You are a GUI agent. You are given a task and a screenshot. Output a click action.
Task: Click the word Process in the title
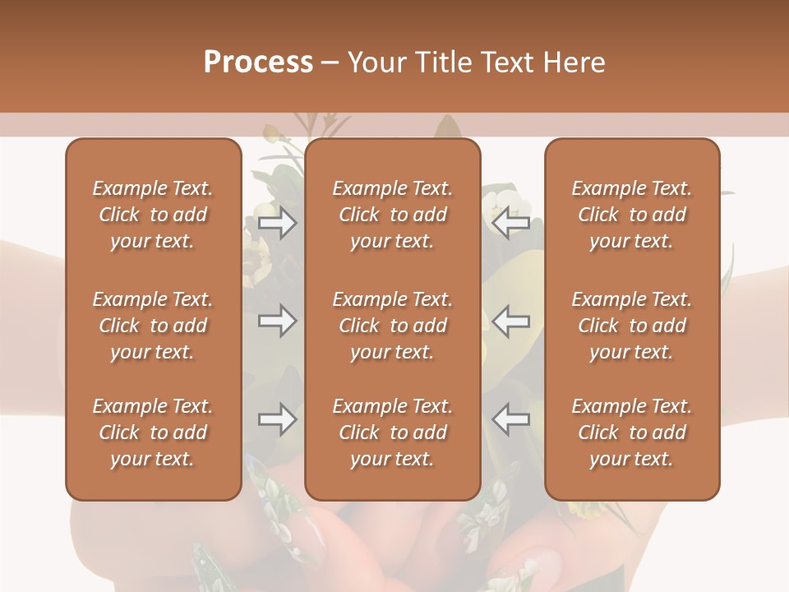click(x=258, y=62)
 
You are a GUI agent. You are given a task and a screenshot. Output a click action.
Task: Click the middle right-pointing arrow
click(x=277, y=321)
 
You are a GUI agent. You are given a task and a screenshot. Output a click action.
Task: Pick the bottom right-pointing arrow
click(x=277, y=419)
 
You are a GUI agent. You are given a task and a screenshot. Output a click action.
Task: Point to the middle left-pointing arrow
click(x=510, y=321)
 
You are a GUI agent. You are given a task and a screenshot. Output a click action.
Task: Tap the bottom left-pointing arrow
click(x=510, y=419)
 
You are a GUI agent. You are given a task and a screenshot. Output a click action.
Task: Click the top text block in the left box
click(x=153, y=215)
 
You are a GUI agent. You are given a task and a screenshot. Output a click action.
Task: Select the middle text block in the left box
click(x=153, y=326)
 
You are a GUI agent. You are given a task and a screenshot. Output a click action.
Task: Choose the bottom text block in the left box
click(x=153, y=432)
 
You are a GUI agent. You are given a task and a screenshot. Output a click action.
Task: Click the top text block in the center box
click(x=392, y=215)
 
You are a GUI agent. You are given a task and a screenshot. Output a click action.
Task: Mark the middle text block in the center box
click(x=392, y=326)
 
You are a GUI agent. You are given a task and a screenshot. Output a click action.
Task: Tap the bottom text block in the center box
click(x=392, y=432)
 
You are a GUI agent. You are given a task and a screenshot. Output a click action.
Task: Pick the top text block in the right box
click(x=631, y=215)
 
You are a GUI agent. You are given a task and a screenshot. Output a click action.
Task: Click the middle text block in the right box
click(x=631, y=326)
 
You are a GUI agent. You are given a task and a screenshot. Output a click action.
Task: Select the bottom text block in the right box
click(x=631, y=432)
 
